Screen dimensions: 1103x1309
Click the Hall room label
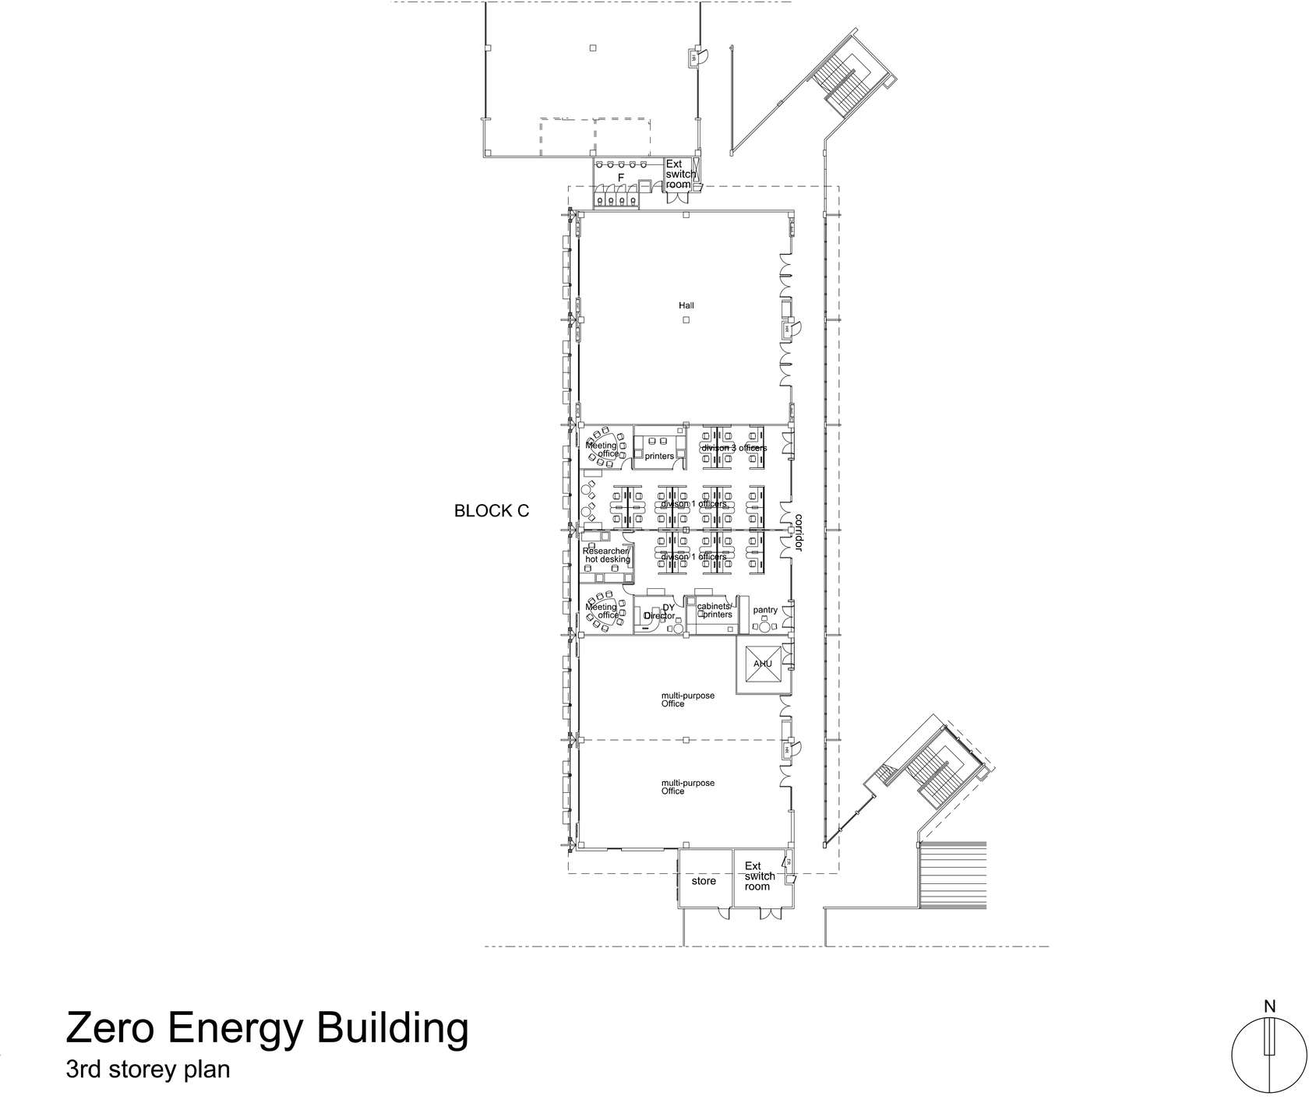pos(686,306)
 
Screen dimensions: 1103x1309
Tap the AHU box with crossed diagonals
pos(762,664)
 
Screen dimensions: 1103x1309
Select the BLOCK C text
pos(492,511)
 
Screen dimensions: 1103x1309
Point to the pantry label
pos(765,611)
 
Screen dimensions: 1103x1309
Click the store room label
pos(704,881)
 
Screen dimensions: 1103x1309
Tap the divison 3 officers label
pos(733,448)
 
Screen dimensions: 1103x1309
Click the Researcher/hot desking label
pos(606,555)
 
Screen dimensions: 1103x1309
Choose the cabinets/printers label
pos(714,610)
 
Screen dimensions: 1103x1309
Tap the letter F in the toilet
pos(621,178)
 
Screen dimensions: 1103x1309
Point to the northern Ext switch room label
pos(678,174)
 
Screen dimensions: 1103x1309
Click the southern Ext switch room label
pos(760,876)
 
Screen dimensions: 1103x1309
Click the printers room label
pos(659,456)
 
